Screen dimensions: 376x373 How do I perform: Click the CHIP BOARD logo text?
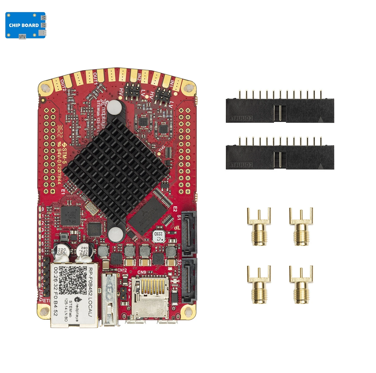click(24, 25)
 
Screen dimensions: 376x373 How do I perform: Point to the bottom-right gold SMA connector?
click(301, 285)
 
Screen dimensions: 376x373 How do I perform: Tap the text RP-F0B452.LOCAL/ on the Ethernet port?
click(91, 292)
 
